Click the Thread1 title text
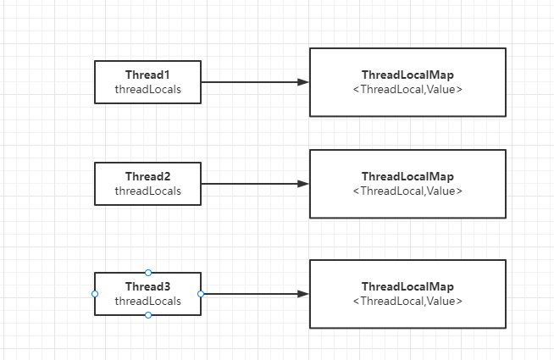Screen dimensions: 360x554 point(148,75)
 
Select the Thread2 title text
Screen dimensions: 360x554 point(148,176)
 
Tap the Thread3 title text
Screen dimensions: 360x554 point(148,286)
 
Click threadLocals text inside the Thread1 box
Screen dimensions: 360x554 point(148,89)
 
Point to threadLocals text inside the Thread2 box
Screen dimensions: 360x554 point(148,191)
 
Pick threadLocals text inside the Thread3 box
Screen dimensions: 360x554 point(148,301)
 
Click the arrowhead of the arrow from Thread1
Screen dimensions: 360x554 point(303,82)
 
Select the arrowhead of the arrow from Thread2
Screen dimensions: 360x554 point(303,184)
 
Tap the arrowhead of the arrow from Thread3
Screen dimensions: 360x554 point(303,294)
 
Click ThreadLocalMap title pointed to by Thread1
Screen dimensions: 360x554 point(407,75)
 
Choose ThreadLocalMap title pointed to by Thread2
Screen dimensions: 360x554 point(407,176)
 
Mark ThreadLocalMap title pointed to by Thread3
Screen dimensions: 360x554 point(407,286)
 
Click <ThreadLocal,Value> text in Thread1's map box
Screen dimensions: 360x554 point(407,89)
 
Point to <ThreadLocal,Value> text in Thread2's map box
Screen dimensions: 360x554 point(407,191)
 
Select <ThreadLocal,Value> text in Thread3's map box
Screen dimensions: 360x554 point(407,301)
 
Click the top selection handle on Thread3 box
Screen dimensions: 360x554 point(148,273)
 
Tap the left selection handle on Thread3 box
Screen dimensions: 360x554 point(95,294)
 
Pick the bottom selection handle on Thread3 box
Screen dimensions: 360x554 point(148,315)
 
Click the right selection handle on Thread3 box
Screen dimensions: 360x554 point(201,294)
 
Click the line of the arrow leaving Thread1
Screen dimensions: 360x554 point(250,82)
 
